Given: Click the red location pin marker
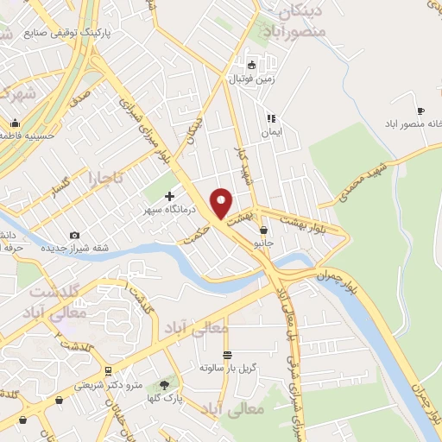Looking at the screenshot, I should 221,202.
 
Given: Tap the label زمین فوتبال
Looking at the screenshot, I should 251,79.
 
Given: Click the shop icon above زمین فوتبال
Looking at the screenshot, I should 251,65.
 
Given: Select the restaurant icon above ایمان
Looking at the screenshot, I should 271,118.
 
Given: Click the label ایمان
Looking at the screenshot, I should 273,134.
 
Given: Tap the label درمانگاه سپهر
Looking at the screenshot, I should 169,210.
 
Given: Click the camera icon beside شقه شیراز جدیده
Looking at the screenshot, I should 74,235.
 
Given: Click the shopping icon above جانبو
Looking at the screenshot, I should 262,230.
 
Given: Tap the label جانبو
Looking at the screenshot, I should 262,243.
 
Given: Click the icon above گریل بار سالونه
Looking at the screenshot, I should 227,355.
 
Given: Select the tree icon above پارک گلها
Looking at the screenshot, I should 165,382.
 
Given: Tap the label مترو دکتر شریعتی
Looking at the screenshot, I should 109,383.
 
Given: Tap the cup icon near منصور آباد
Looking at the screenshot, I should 420,111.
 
